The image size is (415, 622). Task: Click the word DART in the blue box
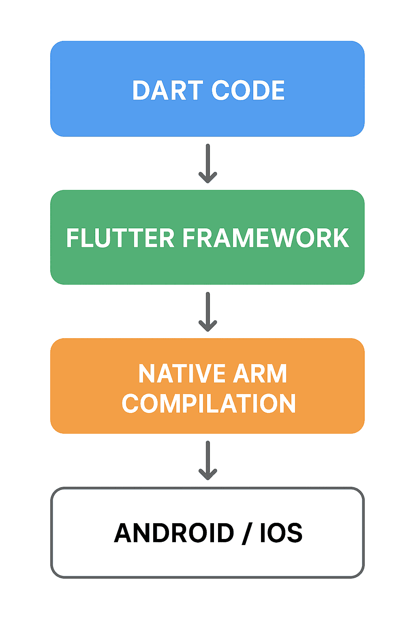click(x=168, y=90)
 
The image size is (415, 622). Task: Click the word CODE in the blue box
click(x=248, y=90)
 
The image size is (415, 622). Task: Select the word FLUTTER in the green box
click(x=120, y=238)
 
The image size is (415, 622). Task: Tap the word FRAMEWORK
click(x=266, y=238)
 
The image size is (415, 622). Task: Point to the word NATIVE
click(x=182, y=373)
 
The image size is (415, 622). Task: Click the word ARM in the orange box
click(x=260, y=373)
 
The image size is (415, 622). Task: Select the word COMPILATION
click(x=208, y=403)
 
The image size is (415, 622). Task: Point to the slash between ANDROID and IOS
click(x=247, y=533)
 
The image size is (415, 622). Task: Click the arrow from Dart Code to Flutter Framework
click(x=207, y=164)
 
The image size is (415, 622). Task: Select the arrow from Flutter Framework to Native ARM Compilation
click(x=207, y=312)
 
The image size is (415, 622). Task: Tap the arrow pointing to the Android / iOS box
click(x=207, y=460)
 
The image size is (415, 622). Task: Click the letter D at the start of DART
click(x=141, y=90)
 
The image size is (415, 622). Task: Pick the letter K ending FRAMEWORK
click(x=341, y=238)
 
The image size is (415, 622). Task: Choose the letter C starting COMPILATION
click(x=130, y=403)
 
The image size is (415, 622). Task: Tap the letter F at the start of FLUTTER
click(x=73, y=238)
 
